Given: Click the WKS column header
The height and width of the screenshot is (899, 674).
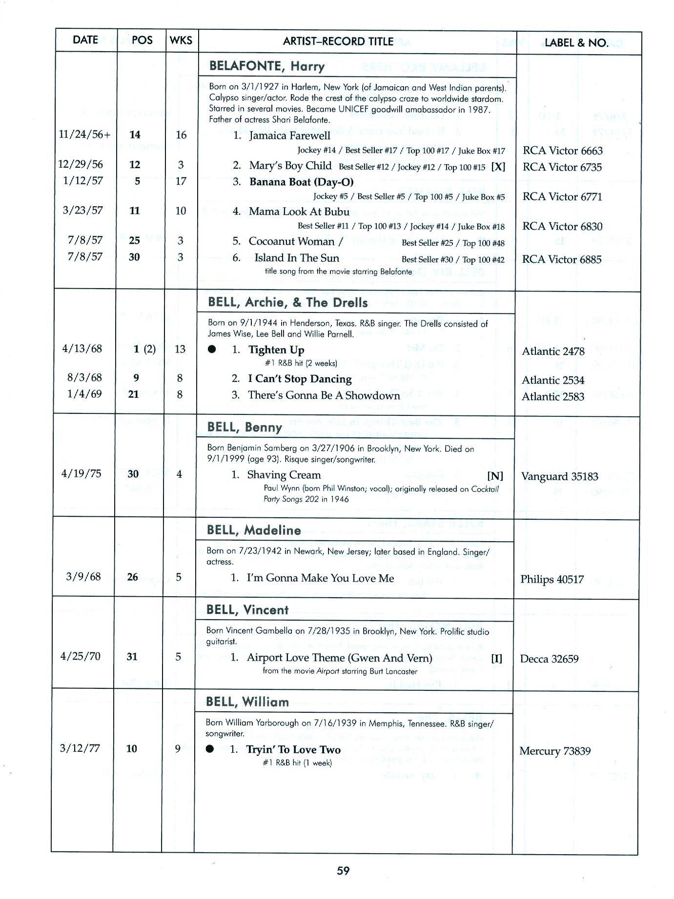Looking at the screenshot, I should (x=181, y=40).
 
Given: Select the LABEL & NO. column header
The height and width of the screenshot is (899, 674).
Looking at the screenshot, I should (x=576, y=43).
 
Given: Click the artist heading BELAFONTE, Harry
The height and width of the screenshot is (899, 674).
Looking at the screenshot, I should (x=266, y=66).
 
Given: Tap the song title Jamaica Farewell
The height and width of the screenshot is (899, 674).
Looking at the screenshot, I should (x=289, y=136).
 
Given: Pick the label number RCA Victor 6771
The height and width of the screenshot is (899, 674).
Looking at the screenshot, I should (x=562, y=196).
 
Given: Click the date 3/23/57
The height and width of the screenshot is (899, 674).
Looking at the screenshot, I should (x=82, y=210).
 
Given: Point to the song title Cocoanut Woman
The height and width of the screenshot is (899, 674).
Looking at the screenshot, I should (x=291, y=241).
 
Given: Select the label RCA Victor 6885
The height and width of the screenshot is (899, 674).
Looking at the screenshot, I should (x=562, y=259).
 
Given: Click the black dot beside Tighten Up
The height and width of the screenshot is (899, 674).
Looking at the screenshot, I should (x=211, y=350).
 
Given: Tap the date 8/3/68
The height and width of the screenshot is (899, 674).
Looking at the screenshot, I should (x=82, y=377).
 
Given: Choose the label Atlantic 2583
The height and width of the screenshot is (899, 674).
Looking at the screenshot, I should (x=552, y=396).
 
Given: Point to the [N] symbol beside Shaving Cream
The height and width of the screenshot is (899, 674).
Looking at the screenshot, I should (x=495, y=476).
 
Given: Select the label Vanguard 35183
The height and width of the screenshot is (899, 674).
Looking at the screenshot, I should (x=559, y=476).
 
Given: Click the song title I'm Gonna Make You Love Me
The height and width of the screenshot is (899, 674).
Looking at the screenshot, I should (x=320, y=578).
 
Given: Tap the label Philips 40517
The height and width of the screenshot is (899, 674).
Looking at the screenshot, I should (x=551, y=579).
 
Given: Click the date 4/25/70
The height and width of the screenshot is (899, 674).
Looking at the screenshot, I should (x=80, y=656).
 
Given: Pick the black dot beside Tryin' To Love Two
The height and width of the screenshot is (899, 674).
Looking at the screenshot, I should (x=210, y=749).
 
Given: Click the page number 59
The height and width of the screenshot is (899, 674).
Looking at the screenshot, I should (x=343, y=870).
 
